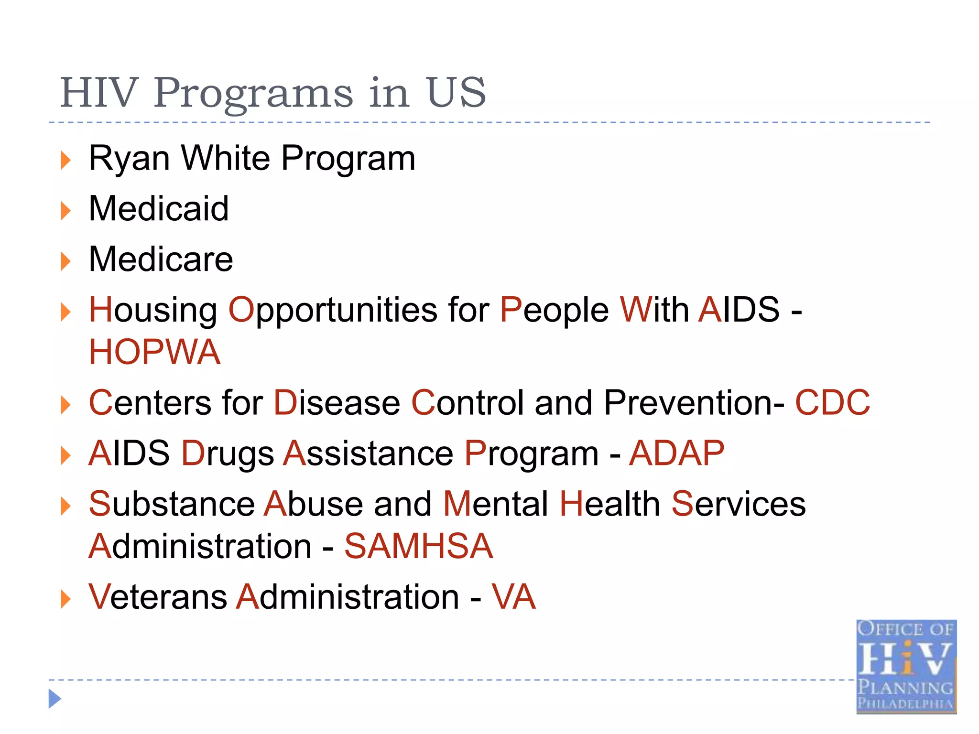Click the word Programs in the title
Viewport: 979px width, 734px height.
tap(253, 93)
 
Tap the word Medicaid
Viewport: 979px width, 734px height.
tap(159, 209)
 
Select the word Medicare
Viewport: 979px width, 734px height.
tap(161, 259)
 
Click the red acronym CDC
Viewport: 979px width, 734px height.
tap(832, 403)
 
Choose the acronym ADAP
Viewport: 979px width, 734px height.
tap(676, 453)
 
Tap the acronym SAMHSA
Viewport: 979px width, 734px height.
tap(418, 546)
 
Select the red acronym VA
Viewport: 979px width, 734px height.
tap(514, 597)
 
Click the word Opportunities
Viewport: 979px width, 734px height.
tap(333, 311)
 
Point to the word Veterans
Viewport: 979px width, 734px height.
tap(158, 597)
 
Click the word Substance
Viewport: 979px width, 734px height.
tap(172, 504)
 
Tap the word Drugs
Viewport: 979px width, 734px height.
tap(228, 453)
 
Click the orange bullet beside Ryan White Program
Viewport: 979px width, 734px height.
tap(66, 160)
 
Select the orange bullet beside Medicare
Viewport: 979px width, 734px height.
tap(66, 261)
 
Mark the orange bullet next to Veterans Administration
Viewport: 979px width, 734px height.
tap(66, 599)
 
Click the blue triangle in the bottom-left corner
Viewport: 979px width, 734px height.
tap(54, 699)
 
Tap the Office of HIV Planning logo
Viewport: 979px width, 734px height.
tap(906, 666)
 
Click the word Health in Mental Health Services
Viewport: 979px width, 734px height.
tap(610, 504)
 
